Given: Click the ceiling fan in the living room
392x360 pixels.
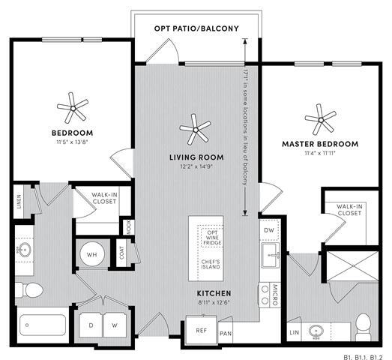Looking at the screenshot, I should click(196, 130).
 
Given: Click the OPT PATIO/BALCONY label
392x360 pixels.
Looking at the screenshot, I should click(196, 28).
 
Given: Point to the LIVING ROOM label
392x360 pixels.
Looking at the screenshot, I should click(196, 157).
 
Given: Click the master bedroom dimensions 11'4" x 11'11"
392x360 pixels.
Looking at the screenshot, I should click(319, 153).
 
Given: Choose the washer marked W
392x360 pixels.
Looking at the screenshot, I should click(115, 325).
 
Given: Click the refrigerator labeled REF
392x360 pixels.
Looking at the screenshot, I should click(202, 329).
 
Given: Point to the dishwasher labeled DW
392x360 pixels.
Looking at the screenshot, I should click(270, 229).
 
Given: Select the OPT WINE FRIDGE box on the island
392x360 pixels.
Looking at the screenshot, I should click(211, 238).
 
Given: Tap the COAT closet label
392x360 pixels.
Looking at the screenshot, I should click(122, 254).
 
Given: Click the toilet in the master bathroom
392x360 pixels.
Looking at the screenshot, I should click(363, 324).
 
